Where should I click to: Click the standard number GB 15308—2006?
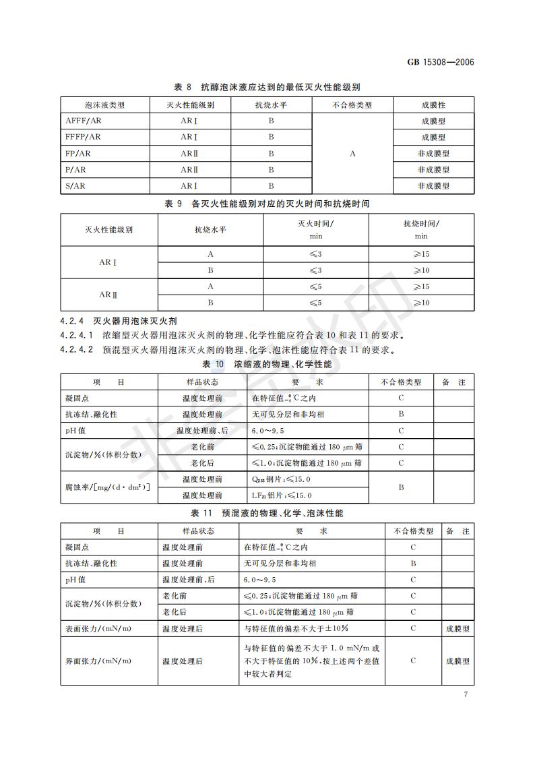[441, 63]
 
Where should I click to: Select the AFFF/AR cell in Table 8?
[84, 121]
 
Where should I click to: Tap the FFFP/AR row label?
[84, 137]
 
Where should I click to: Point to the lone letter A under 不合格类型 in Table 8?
[352, 154]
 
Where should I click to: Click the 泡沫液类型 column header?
[105, 105]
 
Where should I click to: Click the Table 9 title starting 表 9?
[267, 203]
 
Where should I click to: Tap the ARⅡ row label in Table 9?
[108, 295]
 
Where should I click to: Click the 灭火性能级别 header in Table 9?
[108, 230]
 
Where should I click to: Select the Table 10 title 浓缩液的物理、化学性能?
[267, 365]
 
